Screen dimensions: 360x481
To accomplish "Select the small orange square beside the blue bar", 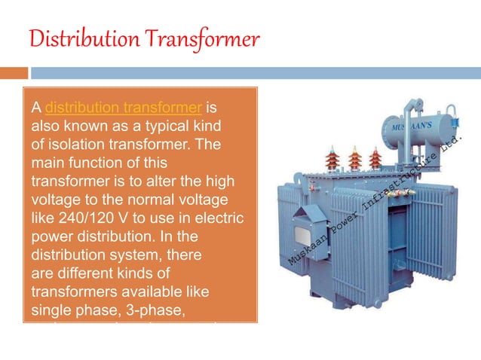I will [x=14, y=73].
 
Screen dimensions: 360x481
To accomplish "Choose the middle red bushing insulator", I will [x=354, y=159].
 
